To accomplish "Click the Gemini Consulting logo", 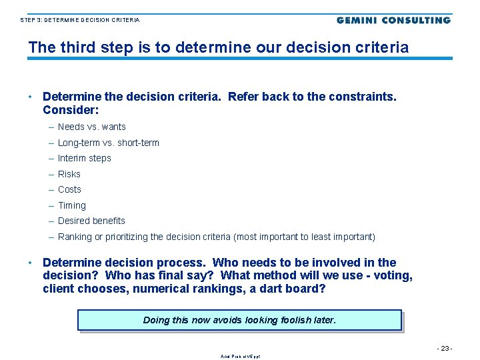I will tap(393, 20).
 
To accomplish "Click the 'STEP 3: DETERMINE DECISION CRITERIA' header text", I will tap(80, 21).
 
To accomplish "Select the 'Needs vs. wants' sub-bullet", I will tap(91, 127).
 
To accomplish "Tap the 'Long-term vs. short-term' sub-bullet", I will tap(108, 143).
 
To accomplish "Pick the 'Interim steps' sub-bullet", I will tap(84, 158).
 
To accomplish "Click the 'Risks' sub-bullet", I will tap(69, 174).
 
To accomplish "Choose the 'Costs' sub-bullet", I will tap(69, 189).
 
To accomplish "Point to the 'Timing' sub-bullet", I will tap(71, 205).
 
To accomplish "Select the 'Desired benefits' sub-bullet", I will tap(91, 221).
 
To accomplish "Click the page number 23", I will tap(445, 348).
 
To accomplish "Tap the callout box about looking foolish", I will tap(240, 320).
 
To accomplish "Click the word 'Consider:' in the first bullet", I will tap(71, 109).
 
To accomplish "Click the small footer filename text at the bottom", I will tap(240, 357).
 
